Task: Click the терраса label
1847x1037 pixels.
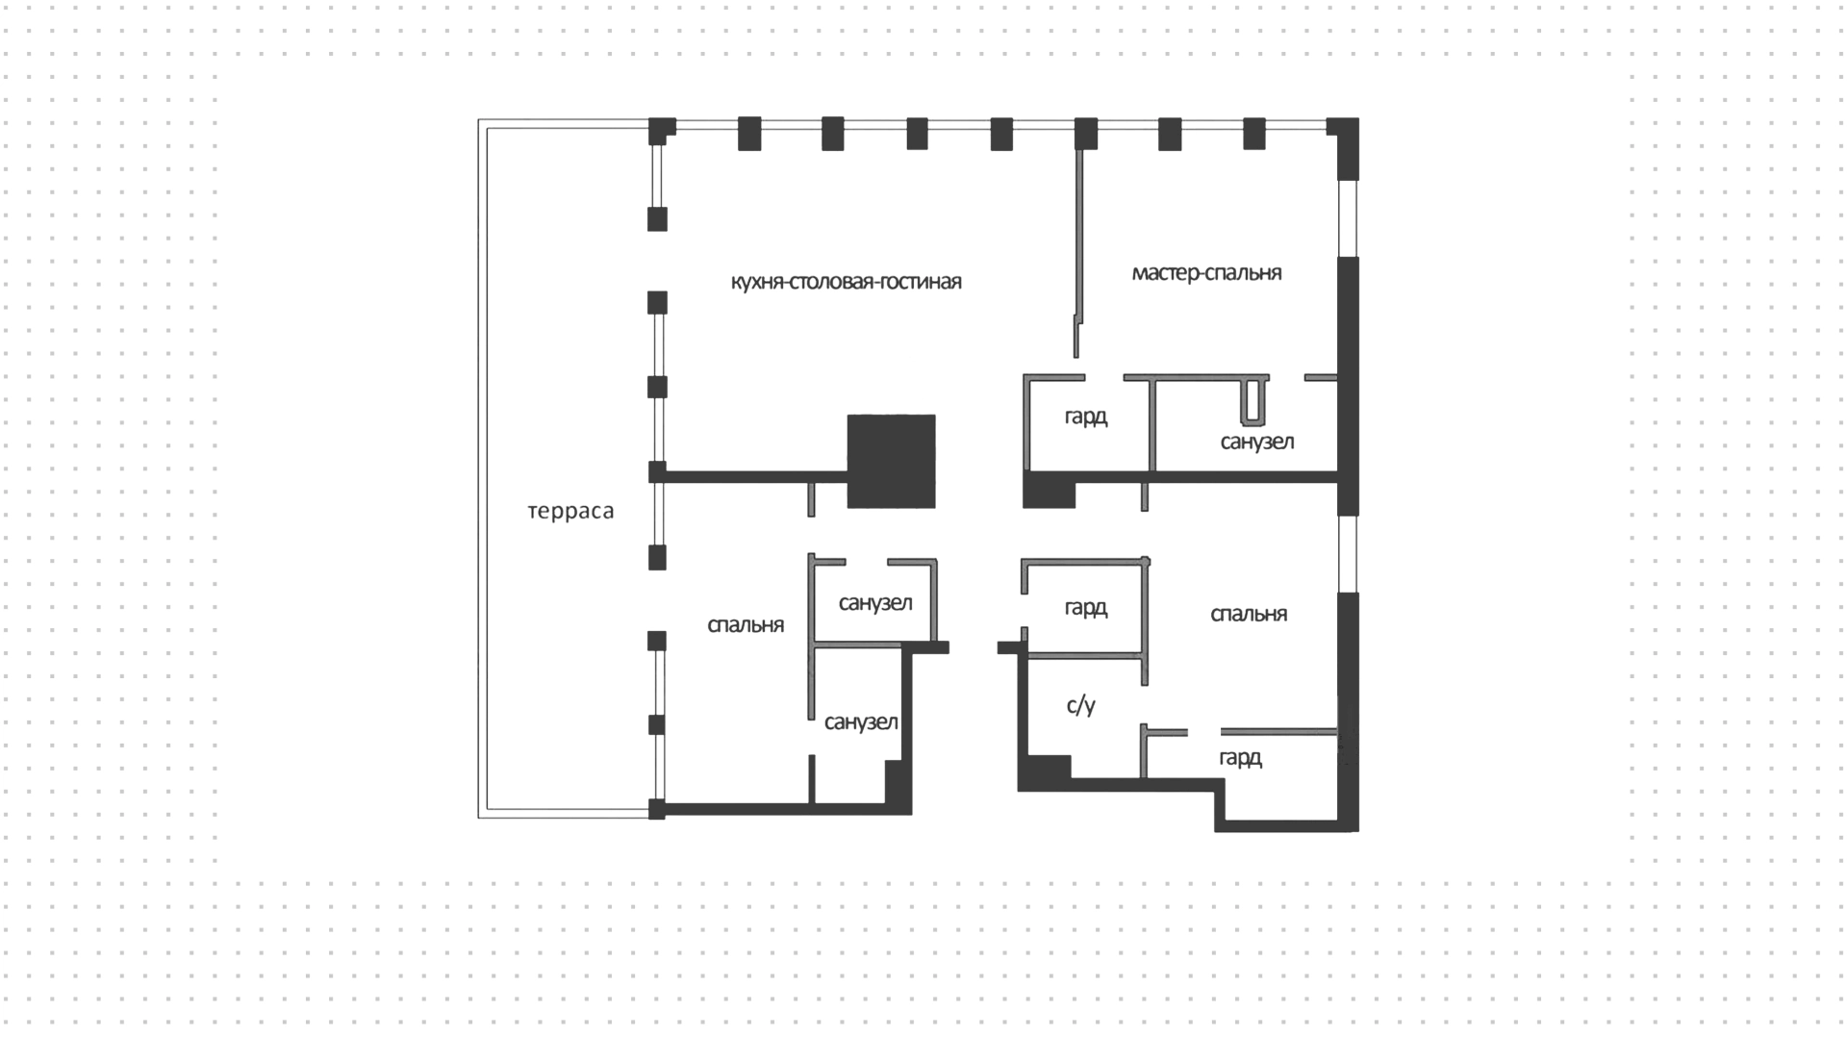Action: (570, 512)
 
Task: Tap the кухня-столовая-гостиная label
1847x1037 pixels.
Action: (846, 282)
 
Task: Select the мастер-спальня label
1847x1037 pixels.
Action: (1206, 273)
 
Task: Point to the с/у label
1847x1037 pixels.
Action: (1081, 706)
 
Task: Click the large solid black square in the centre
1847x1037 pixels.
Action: (891, 461)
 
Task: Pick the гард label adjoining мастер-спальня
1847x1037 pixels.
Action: (1085, 417)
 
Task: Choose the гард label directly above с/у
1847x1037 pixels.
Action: (1085, 608)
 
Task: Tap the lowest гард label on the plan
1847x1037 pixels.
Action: (1240, 758)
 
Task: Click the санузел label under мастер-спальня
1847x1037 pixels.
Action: (1256, 442)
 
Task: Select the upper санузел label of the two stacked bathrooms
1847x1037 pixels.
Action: (874, 603)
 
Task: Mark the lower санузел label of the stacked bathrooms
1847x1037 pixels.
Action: (861, 722)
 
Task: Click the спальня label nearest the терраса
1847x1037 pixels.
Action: (746, 625)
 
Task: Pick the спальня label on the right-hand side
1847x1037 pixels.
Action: (1249, 615)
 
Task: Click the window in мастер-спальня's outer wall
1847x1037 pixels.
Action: (1349, 218)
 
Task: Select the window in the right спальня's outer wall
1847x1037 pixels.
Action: (1349, 554)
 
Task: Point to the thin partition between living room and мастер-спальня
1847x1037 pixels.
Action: (1078, 254)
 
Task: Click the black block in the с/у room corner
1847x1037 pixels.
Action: (1049, 769)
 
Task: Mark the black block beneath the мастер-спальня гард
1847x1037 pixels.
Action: (1049, 491)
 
